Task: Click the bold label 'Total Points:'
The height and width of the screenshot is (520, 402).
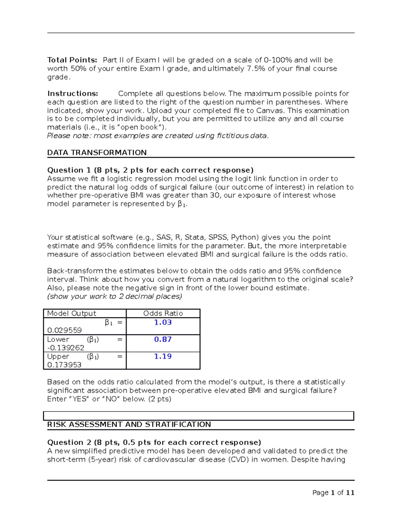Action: [x=72, y=60]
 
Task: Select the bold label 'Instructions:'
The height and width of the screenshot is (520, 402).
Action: [x=73, y=94]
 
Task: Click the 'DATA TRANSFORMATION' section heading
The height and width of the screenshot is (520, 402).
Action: [x=97, y=153]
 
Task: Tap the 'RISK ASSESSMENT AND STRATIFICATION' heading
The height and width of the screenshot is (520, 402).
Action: [x=129, y=425]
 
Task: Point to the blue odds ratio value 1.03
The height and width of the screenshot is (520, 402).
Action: [x=163, y=322]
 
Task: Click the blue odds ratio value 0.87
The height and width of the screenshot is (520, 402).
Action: [x=163, y=340]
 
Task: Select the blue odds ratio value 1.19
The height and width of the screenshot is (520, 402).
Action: [x=163, y=357]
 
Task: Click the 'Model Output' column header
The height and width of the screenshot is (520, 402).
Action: [x=71, y=313]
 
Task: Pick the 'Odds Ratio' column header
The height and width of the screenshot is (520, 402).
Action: [x=163, y=313]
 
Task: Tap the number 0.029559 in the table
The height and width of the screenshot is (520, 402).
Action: [x=64, y=330]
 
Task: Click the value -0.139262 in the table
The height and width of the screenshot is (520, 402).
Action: [x=66, y=348]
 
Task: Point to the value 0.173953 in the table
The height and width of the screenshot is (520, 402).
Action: [x=64, y=365]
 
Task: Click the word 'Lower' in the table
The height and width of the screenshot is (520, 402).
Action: [x=58, y=340]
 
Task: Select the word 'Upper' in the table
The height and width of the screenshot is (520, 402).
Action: [x=58, y=357]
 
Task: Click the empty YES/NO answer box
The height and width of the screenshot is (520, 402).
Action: [x=199, y=416]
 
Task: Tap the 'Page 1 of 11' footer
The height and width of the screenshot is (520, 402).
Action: [x=333, y=493]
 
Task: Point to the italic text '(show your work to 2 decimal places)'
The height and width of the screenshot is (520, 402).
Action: [x=115, y=297]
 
